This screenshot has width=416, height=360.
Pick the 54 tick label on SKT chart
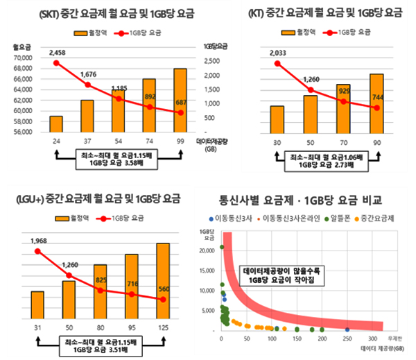tap(118, 141)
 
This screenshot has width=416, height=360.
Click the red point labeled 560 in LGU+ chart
tap(163, 299)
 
